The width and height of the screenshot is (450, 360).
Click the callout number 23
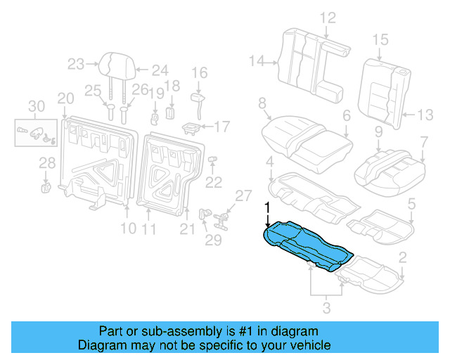pyautogui.click(x=75, y=65)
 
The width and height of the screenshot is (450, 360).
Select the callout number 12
pyautogui.click(x=328, y=18)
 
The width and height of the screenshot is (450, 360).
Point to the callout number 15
pyautogui.click(x=380, y=39)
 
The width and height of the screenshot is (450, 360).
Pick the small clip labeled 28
pyautogui.click(x=46, y=186)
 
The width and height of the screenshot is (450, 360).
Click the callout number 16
pyautogui.click(x=200, y=72)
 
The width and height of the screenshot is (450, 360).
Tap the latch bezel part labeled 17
pyautogui.click(x=191, y=127)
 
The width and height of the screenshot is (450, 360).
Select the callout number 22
pyautogui.click(x=213, y=182)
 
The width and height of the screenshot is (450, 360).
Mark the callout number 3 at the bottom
pyautogui.click(x=326, y=307)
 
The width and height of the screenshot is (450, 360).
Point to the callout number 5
pyautogui.click(x=412, y=204)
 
